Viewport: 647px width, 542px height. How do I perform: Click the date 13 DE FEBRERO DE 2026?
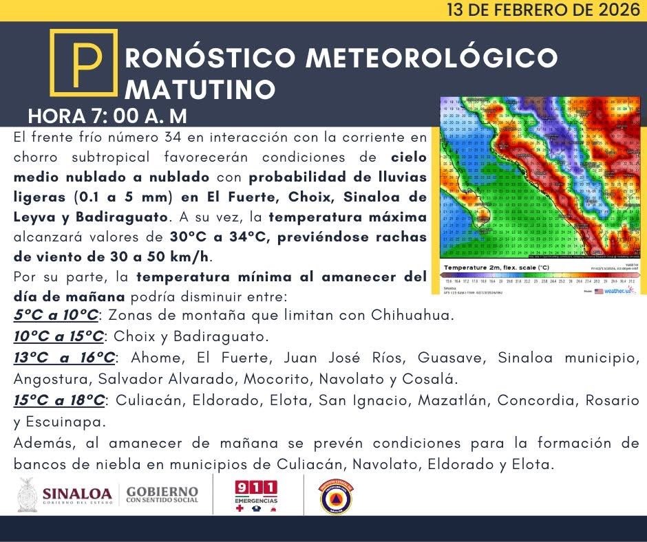[542, 10]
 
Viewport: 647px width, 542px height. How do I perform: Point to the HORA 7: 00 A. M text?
[107, 116]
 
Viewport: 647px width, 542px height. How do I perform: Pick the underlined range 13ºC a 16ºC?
[65, 358]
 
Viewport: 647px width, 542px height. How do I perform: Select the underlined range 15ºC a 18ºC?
[59, 400]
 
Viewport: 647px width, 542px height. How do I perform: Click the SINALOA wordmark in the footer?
[76, 493]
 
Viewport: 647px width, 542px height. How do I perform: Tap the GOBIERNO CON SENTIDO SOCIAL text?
[162, 495]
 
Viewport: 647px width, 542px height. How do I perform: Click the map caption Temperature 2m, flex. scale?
[496, 267]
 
